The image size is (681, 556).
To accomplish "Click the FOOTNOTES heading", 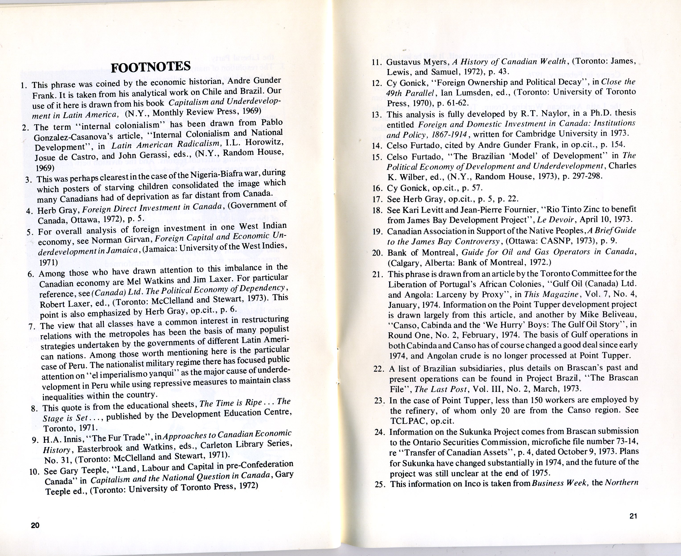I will click(151, 67).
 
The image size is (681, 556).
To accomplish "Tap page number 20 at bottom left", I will click(35, 525).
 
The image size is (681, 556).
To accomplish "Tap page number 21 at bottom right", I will click(633, 516).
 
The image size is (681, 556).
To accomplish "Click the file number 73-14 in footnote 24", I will click(625, 442).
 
